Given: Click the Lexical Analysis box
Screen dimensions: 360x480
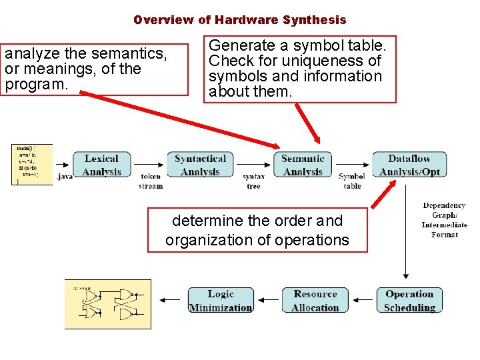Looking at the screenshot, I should (101, 165).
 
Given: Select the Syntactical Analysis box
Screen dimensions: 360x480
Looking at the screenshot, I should (200, 165).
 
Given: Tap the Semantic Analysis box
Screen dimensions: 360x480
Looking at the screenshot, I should (303, 165).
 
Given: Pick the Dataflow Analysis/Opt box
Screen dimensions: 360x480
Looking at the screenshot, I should (409, 165).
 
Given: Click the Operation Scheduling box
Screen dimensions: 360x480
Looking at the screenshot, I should (409, 301).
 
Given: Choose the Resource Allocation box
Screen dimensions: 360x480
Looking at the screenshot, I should (315, 301).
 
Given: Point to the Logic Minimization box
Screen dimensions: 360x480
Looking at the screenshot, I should (221, 301).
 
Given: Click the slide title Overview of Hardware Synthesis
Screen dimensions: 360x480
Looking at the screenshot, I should (239, 20).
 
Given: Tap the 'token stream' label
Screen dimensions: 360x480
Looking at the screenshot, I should (151, 181).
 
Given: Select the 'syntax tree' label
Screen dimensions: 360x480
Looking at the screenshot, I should (253, 181).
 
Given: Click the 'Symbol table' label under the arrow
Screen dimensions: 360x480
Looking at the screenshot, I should (352, 181).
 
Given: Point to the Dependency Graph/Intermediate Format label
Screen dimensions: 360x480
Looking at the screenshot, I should (444, 220).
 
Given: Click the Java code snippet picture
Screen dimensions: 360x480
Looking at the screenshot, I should (32, 164).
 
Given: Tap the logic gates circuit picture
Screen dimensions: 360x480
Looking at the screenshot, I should (108, 304).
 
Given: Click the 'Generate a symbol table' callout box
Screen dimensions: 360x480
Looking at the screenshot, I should (299, 69).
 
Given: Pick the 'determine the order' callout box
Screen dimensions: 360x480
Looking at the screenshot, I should (257, 230).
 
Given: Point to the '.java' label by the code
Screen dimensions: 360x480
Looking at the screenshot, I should (65, 177).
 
